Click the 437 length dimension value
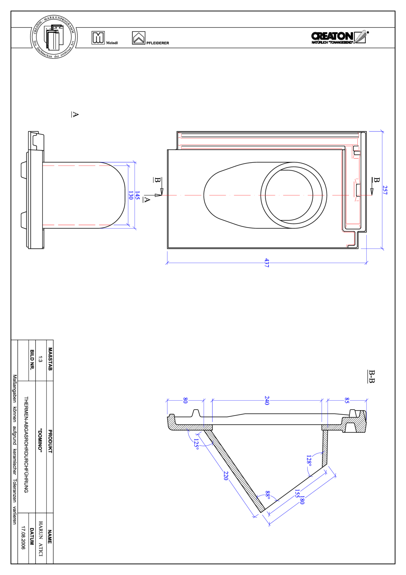(267, 263)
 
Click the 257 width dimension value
(385, 190)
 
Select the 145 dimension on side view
(137, 195)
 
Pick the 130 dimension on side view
(130, 195)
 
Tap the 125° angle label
(196, 444)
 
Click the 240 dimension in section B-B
(267, 400)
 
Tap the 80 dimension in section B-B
(185, 400)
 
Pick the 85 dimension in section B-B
(347, 400)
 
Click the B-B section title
(372, 376)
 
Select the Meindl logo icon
(98, 38)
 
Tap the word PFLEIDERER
(158, 43)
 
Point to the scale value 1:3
(40, 359)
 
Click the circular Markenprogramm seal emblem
(54, 37)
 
